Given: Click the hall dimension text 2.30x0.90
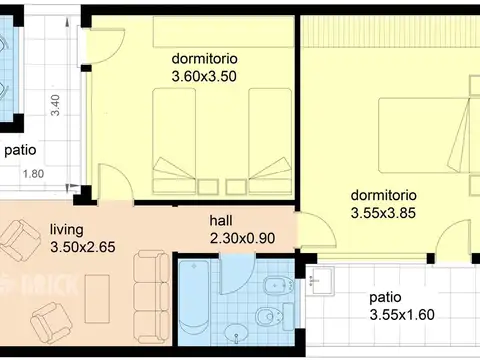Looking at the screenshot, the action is [x=242, y=238].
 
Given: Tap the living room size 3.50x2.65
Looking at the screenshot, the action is [x=83, y=247].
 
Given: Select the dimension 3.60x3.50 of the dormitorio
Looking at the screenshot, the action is [x=204, y=76].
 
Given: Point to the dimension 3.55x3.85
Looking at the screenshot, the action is [x=383, y=213].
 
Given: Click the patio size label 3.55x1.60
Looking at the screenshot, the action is [x=402, y=315].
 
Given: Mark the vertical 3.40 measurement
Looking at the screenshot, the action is [x=55, y=105].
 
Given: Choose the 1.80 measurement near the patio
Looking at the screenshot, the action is [x=33, y=174].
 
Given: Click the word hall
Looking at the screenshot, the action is [x=221, y=220].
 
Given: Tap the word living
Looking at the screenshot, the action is [x=67, y=230].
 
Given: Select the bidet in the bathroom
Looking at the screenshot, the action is [x=279, y=285].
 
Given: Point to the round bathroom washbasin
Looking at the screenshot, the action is [x=236, y=334].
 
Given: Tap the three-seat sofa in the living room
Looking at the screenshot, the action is [x=152, y=297].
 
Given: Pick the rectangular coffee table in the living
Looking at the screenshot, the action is [x=97, y=299].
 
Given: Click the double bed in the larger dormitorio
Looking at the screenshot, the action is [x=425, y=135].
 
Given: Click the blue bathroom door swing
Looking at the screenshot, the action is [x=237, y=274].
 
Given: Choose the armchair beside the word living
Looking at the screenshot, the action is [x=21, y=239].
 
